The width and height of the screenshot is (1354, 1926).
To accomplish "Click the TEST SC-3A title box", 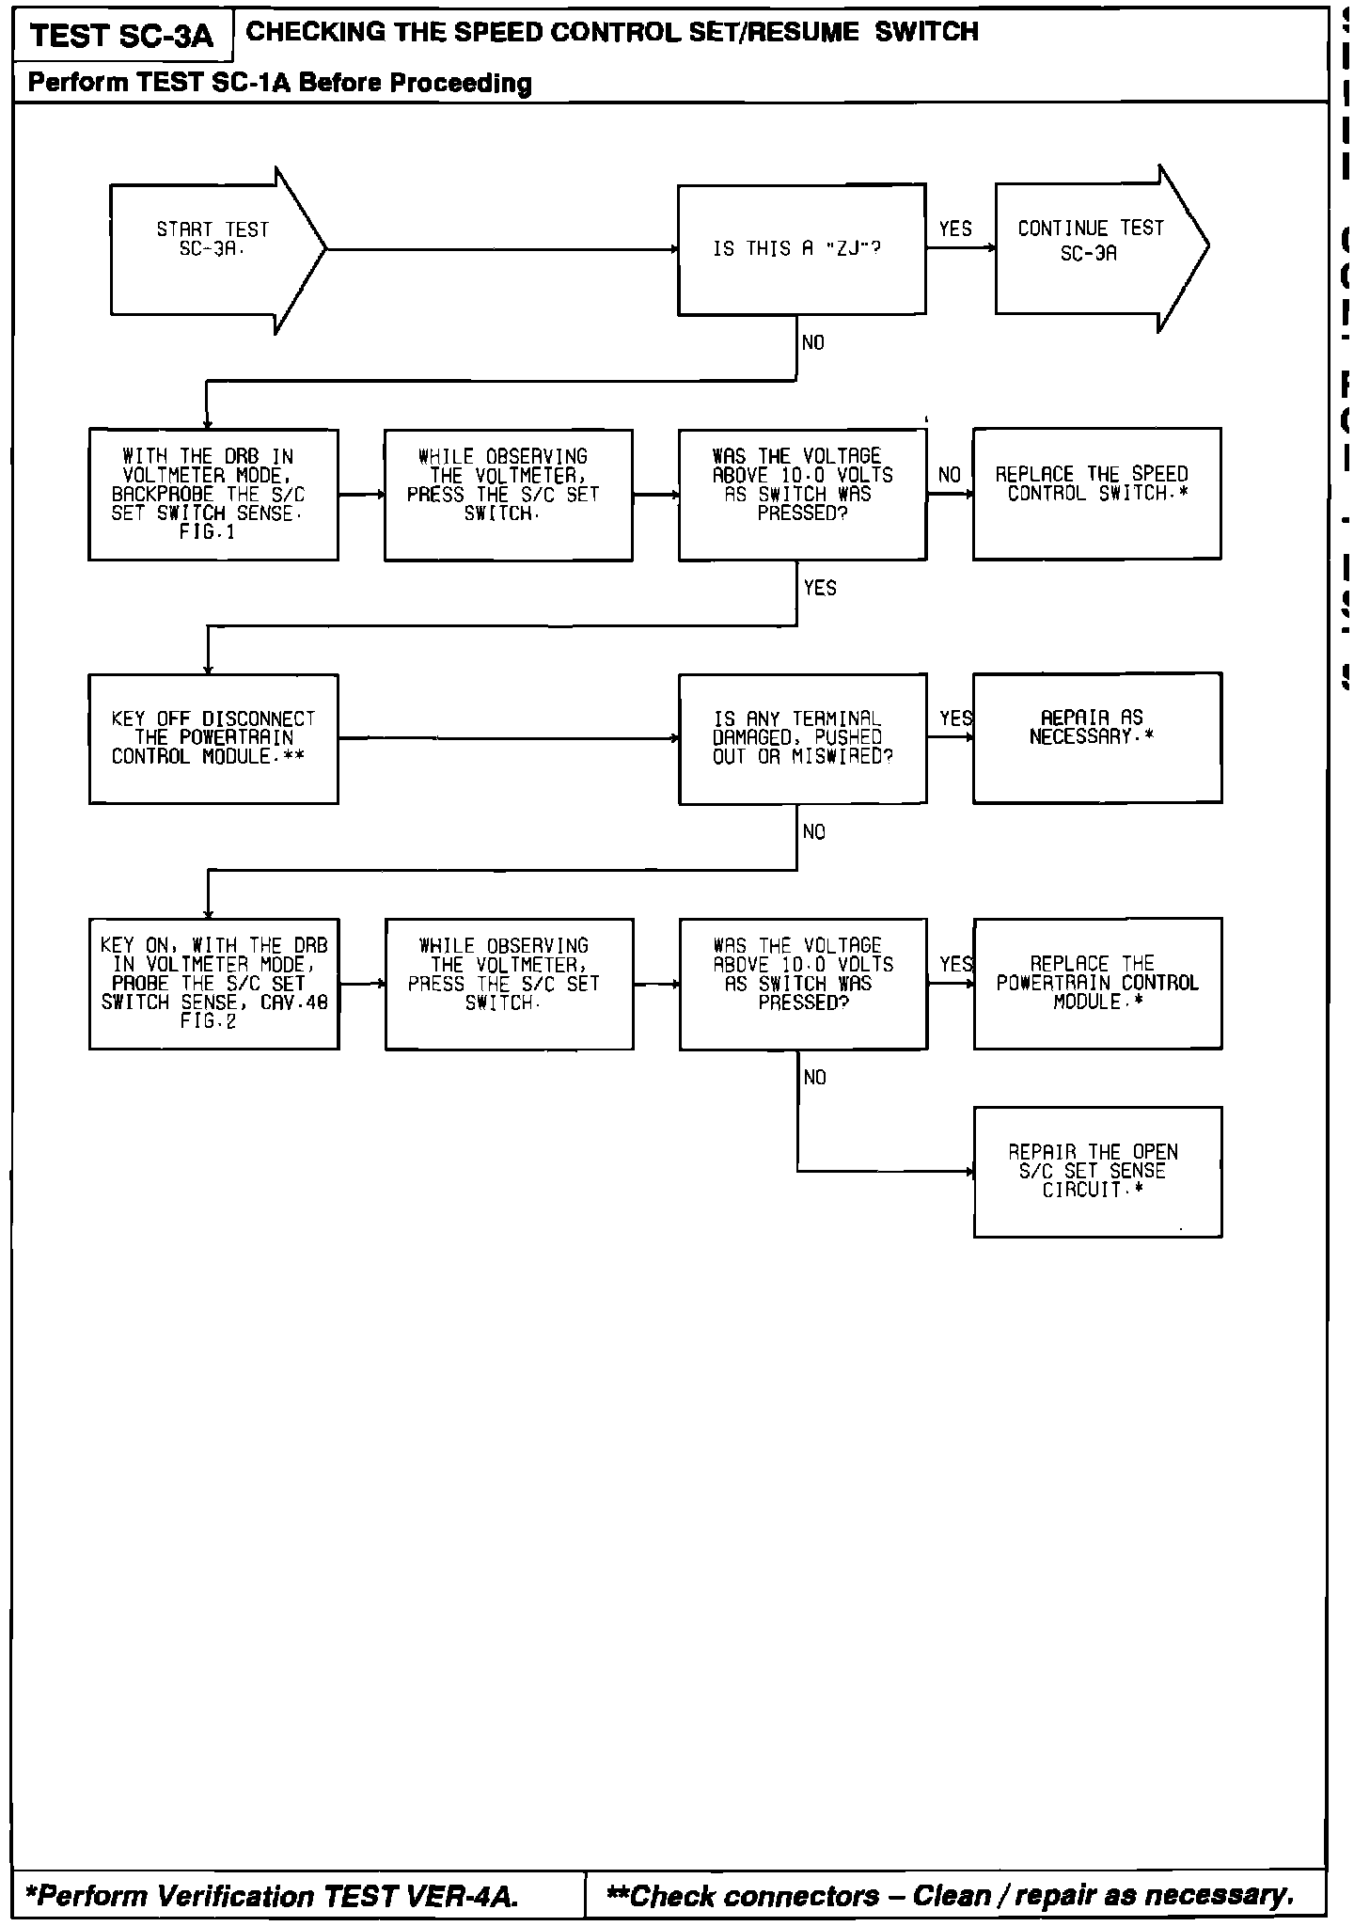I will point(122,37).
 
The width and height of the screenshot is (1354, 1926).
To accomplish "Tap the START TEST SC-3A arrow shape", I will point(213,249).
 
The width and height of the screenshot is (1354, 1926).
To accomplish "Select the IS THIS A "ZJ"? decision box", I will point(801,249).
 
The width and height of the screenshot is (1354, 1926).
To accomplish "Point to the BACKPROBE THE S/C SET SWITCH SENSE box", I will point(213,495).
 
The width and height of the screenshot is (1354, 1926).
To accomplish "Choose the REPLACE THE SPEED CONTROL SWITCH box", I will point(1096,494).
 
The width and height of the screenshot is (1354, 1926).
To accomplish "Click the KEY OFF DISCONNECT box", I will point(213,738).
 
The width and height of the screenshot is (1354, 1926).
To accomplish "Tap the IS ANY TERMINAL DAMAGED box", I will point(802,738).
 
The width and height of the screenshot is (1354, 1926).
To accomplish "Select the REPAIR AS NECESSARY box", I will point(1096,737).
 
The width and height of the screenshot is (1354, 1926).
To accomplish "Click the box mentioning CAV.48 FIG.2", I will point(213,984).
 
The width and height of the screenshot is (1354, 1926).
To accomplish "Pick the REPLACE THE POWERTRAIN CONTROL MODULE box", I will point(1097,983).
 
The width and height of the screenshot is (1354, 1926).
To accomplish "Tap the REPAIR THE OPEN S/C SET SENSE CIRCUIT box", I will point(1097,1172).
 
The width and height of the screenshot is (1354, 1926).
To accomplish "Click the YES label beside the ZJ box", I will point(955,229).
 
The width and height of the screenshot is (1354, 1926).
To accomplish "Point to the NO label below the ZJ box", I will point(813,343).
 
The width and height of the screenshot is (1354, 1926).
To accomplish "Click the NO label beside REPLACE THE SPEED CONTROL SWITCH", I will point(950,475).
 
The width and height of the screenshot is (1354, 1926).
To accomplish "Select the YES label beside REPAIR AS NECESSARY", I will point(955,719).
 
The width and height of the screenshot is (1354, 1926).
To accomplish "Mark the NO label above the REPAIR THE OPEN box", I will point(815,1078).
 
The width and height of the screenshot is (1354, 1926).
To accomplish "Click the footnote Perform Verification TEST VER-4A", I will point(273,1896).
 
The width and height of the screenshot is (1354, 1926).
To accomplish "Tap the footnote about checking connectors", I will point(950,1896).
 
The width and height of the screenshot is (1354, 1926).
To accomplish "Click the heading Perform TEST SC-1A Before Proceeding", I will point(279,84).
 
